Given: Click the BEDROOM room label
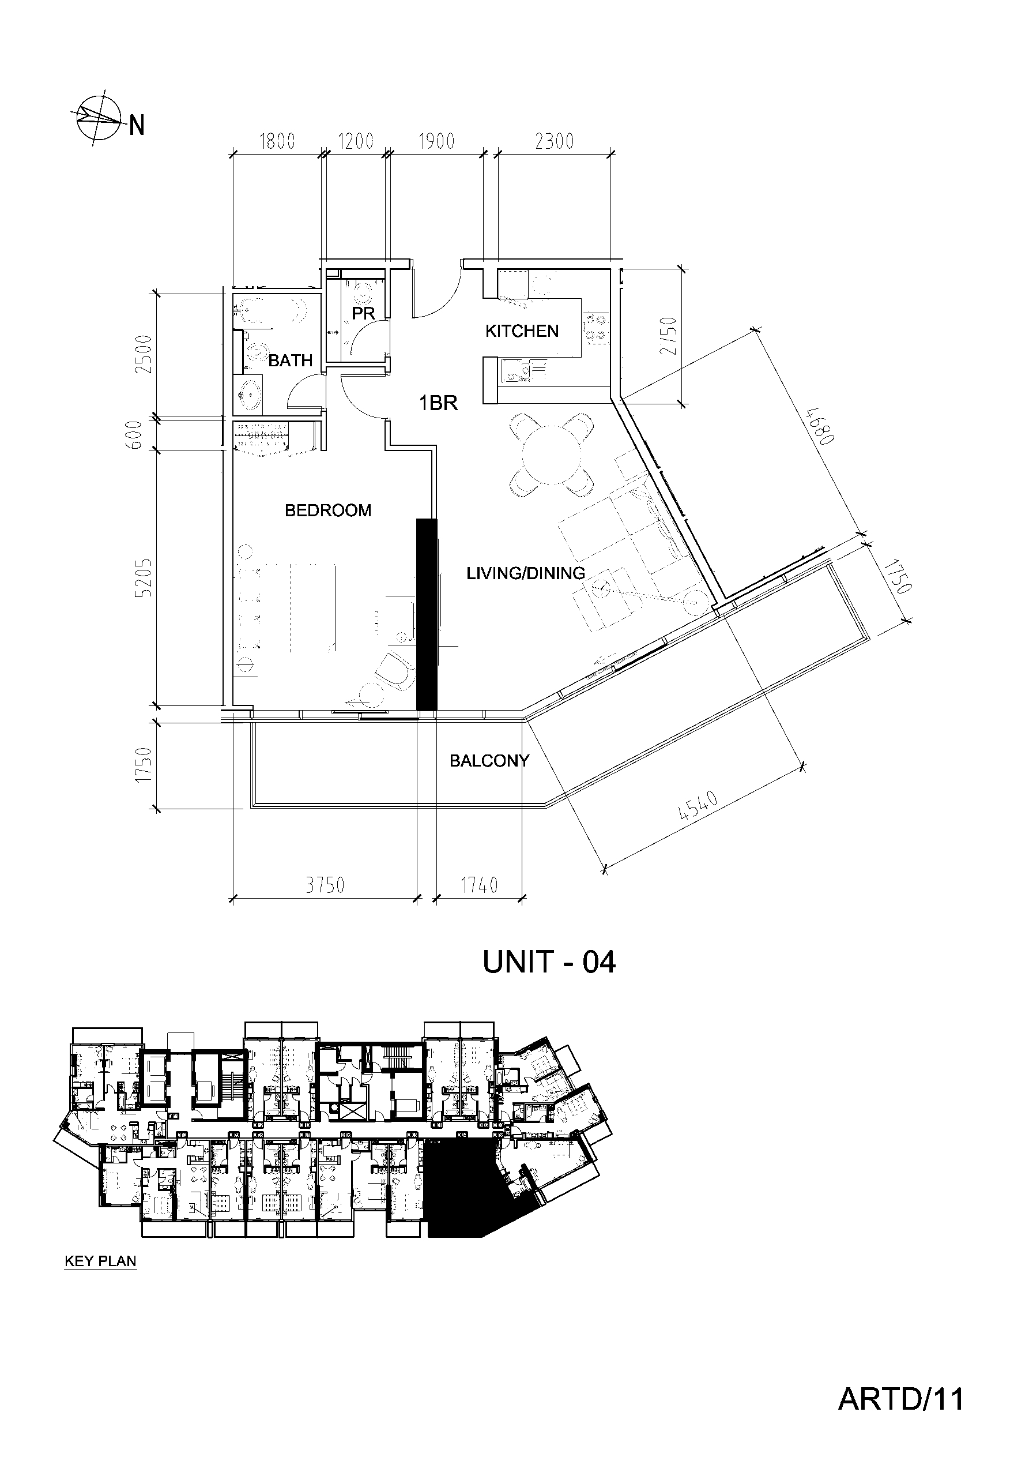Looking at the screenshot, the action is pos(328,510).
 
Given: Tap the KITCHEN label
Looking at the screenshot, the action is pos(522,331).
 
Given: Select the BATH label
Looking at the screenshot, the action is pos(291,361).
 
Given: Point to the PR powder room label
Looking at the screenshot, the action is pos(364,313).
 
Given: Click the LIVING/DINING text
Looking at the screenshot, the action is pos(526,573).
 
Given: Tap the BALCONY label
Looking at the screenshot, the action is pos(489,760).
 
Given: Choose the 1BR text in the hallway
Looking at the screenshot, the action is pos(438,403).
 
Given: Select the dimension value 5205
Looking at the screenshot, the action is pos(146,577).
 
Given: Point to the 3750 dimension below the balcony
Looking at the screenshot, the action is pos(325,885).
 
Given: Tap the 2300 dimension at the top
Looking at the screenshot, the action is pos(555,141).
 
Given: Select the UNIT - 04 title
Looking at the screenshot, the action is pos(549,963).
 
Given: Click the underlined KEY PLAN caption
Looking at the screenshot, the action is pos(101,1260).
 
